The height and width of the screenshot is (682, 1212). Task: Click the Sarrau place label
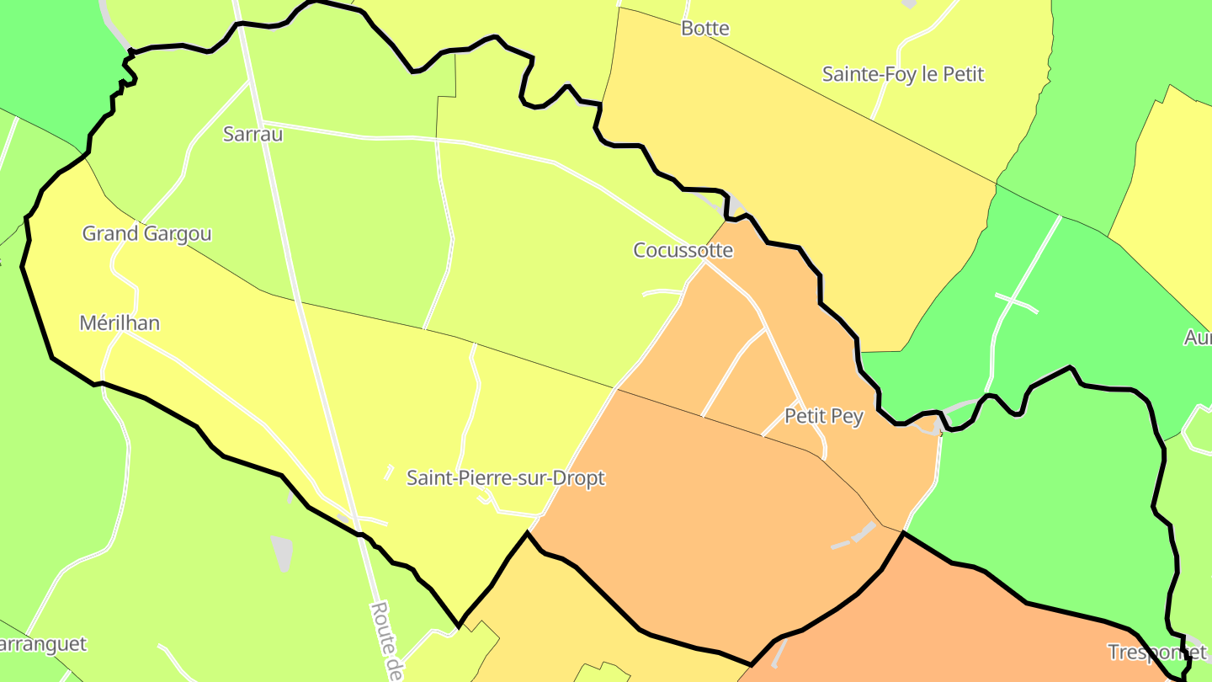click(252, 134)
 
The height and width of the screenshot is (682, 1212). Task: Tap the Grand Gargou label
click(146, 233)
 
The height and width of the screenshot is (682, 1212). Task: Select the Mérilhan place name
click(120, 322)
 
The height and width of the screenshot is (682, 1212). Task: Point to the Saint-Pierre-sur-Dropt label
click(506, 478)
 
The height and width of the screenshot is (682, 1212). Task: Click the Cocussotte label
click(683, 250)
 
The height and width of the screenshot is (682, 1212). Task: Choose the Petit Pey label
click(823, 416)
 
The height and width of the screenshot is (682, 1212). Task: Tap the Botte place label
click(705, 28)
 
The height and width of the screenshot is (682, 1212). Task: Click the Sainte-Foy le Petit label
click(902, 74)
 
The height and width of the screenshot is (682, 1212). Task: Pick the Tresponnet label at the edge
click(1156, 652)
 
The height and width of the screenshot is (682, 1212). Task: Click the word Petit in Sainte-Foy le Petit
click(964, 74)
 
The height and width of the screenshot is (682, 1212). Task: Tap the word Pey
click(848, 417)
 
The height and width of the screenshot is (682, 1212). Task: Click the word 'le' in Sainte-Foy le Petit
click(930, 74)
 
